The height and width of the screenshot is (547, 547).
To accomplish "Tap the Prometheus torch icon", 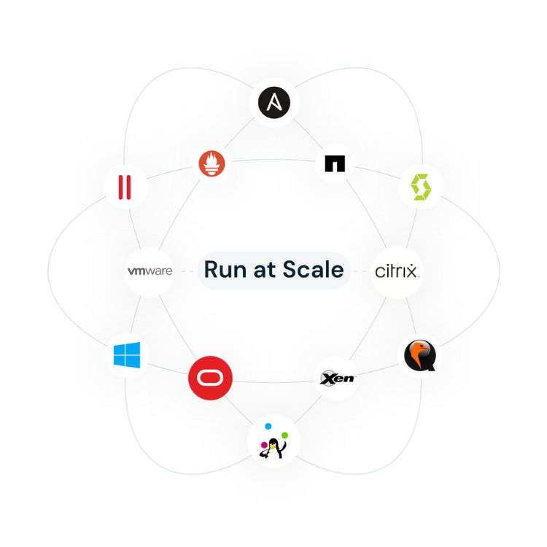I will click(212, 165).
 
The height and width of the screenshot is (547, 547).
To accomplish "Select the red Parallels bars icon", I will click(125, 187).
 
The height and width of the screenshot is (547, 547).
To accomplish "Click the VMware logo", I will click(149, 271).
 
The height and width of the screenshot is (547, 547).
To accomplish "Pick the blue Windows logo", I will click(126, 355).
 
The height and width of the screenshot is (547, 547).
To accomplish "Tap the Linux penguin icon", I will click(274, 449).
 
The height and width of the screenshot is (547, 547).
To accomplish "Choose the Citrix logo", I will click(396, 271).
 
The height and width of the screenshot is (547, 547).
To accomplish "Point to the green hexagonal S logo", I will click(421, 187).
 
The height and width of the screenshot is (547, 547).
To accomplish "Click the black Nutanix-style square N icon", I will click(335, 165).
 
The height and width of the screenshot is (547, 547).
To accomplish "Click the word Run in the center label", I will click(222, 270).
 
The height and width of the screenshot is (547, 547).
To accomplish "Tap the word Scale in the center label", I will click(315, 270).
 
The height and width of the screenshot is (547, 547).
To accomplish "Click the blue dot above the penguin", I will click(268, 426).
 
